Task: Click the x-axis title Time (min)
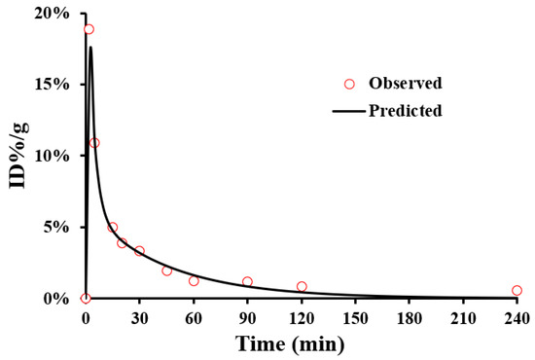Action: click(x=301, y=343)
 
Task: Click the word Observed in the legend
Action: click(x=406, y=83)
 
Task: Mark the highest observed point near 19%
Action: click(x=89, y=29)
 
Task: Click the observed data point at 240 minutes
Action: click(x=517, y=290)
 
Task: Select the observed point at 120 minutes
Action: click(x=302, y=286)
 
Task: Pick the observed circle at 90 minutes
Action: click(x=247, y=282)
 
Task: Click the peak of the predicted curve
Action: click(x=90, y=47)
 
